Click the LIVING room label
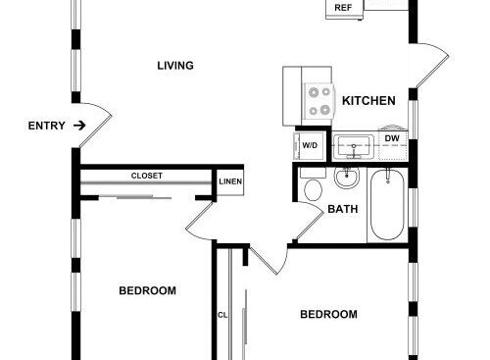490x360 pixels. (175, 66)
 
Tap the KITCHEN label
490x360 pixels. (368, 101)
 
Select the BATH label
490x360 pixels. (343, 209)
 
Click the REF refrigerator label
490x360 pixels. (343, 8)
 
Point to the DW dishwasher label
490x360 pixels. (392, 138)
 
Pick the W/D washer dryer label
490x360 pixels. (310, 145)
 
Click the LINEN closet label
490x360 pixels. (230, 181)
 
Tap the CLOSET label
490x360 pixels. (147, 176)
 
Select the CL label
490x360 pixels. (222, 315)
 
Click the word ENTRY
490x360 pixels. (46, 126)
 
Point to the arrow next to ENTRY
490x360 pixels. (79, 126)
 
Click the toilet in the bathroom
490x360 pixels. (313, 185)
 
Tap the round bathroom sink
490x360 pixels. (347, 178)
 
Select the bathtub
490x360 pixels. (387, 205)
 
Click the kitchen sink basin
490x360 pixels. (354, 146)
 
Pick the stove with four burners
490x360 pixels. (319, 101)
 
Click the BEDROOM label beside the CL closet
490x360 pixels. (328, 314)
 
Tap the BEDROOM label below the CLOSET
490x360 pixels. (147, 290)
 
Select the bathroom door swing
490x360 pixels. (309, 223)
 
